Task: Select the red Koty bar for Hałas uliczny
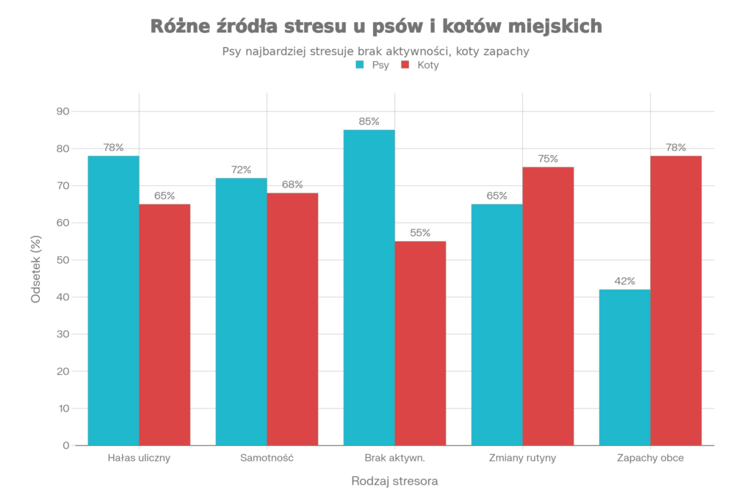click(x=165, y=324)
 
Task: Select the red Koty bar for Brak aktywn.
click(x=421, y=343)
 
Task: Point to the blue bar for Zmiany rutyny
click(x=496, y=324)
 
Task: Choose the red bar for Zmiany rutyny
click(x=549, y=306)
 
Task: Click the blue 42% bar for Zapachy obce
click(x=624, y=367)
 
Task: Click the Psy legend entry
click(x=375, y=65)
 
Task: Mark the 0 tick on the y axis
click(x=66, y=445)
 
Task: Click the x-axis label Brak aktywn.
click(x=395, y=458)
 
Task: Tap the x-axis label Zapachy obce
click(x=651, y=458)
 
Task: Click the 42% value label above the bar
click(x=624, y=282)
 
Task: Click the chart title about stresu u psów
click(x=376, y=26)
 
